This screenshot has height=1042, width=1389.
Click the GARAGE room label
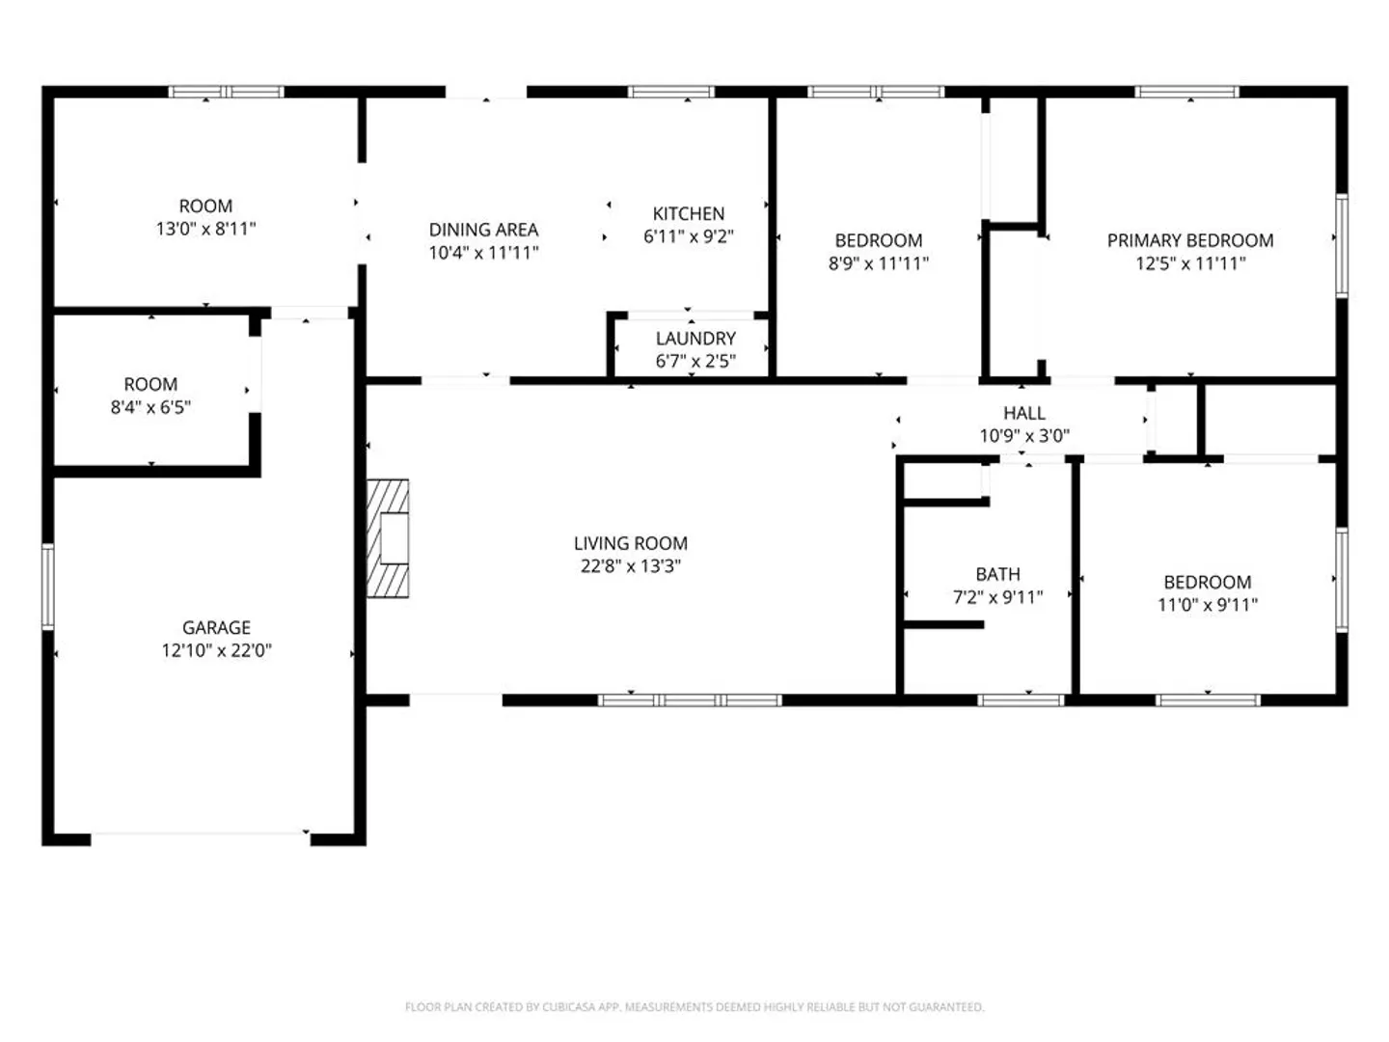pyautogui.click(x=216, y=627)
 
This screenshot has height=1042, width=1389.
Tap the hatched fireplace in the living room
pyautogui.click(x=388, y=538)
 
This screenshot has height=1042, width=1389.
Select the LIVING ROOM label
pyautogui.click(x=630, y=543)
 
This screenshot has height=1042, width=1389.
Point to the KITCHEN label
pyautogui.click(x=688, y=213)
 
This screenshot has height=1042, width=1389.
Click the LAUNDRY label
pyautogui.click(x=695, y=339)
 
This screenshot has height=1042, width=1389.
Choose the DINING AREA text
pyautogui.click(x=483, y=230)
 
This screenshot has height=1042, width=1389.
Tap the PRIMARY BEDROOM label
pyautogui.click(x=1190, y=240)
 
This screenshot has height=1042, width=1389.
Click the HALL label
pyautogui.click(x=1023, y=413)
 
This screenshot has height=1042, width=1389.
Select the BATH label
pyautogui.click(x=998, y=574)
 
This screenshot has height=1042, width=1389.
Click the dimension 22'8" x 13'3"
pyautogui.click(x=630, y=565)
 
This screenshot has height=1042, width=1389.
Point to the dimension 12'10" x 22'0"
pyautogui.click(x=216, y=649)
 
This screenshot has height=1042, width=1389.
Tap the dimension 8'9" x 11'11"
pyautogui.click(x=879, y=263)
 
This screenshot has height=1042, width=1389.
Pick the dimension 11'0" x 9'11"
pyautogui.click(x=1208, y=605)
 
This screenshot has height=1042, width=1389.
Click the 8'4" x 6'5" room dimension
pyautogui.click(x=150, y=407)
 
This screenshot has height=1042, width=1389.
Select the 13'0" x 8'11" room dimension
pyautogui.click(x=205, y=229)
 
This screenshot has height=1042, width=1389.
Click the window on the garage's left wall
pyautogui.click(x=48, y=587)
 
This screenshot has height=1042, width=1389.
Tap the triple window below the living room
pyautogui.click(x=690, y=699)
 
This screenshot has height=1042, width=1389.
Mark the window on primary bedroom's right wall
pyautogui.click(x=1342, y=246)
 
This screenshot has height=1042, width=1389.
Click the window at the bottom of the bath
pyautogui.click(x=1021, y=699)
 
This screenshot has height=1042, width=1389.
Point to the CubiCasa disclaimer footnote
pyautogui.click(x=694, y=1006)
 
